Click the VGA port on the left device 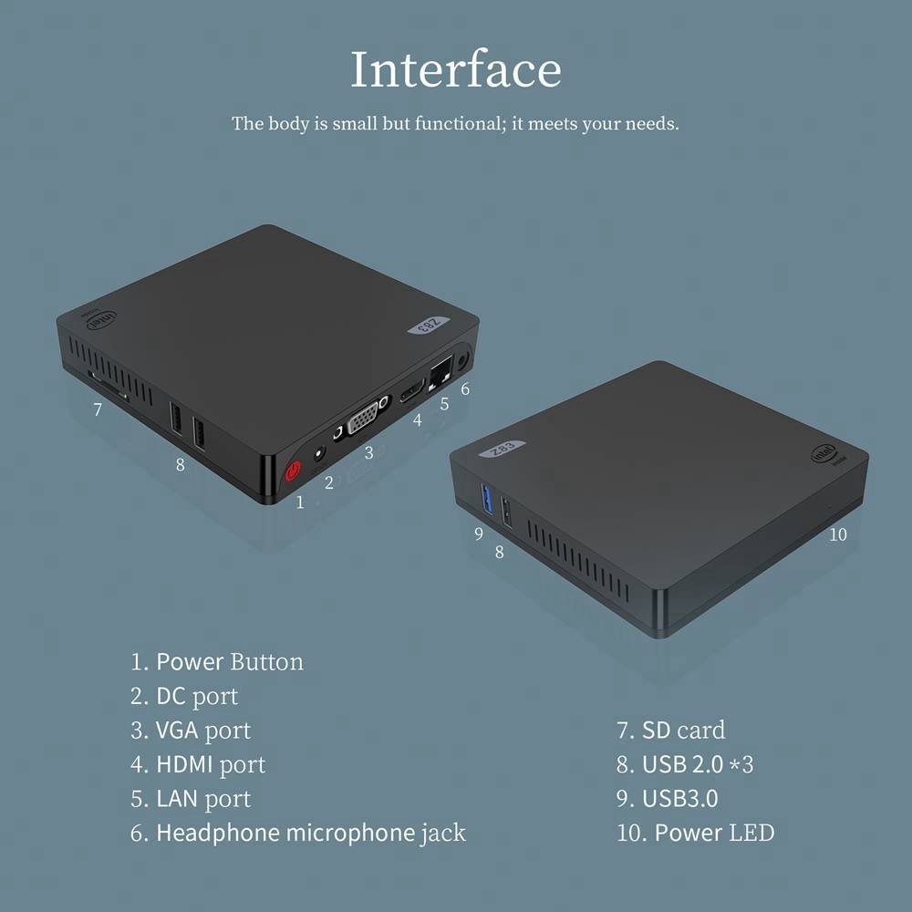[x=364, y=422]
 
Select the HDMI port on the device [x=407, y=399]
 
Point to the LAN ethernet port [x=442, y=370]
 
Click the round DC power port [x=320, y=451]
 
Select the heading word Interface [x=455, y=70]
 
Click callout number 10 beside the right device [x=838, y=534]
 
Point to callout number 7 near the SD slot [x=98, y=409]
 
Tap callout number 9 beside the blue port [x=478, y=534]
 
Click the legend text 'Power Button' [x=230, y=661]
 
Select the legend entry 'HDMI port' [x=211, y=764]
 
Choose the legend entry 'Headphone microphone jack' [x=311, y=833]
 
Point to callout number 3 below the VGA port [x=368, y=451]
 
